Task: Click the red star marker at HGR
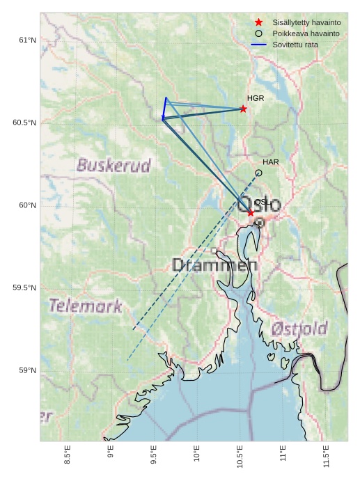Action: coord(243,109)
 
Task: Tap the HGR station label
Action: coord(256,98)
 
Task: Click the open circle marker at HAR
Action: coord(258,173)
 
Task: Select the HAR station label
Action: coord(271,162)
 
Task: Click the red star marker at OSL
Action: coord(251,212)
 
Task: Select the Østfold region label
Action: coord(299,329)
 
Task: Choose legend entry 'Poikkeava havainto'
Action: coord(306,33)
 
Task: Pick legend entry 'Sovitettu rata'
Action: coord(295,45)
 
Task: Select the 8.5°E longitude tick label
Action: coord(68,453)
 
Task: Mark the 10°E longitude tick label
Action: coord(197,453)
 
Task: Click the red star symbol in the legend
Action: coord(258,22)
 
